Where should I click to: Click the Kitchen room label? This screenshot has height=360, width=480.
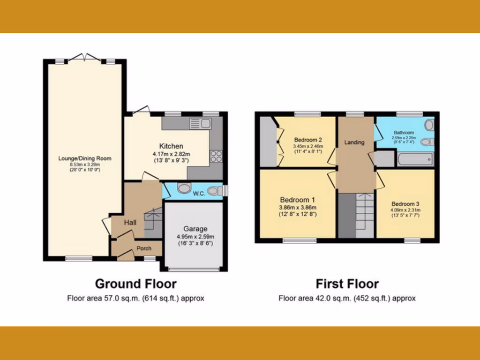[171, 146]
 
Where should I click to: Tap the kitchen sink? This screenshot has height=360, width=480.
[201, 124]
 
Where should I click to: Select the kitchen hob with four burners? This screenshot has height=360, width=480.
[216, 156]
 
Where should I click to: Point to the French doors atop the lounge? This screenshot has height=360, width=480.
[84, 58]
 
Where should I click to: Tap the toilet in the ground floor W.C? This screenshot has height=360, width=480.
[216, 191]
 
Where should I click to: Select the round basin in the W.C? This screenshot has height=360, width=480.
[184, 190]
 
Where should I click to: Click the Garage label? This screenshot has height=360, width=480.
[195, 229]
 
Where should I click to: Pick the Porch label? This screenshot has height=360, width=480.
[144, 248]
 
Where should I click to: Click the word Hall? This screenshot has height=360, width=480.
[130, 222]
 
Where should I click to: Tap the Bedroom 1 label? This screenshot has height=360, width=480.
[298, 199]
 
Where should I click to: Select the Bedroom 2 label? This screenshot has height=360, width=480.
[307, 140]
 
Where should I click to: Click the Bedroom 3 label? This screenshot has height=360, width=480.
[405, 204]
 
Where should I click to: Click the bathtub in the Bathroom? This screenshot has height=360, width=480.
[415, 159]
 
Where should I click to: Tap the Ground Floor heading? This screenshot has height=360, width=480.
[136, 284]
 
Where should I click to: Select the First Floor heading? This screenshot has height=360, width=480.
[347, 284]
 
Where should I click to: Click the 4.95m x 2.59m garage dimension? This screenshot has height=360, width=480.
[195, 236]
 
